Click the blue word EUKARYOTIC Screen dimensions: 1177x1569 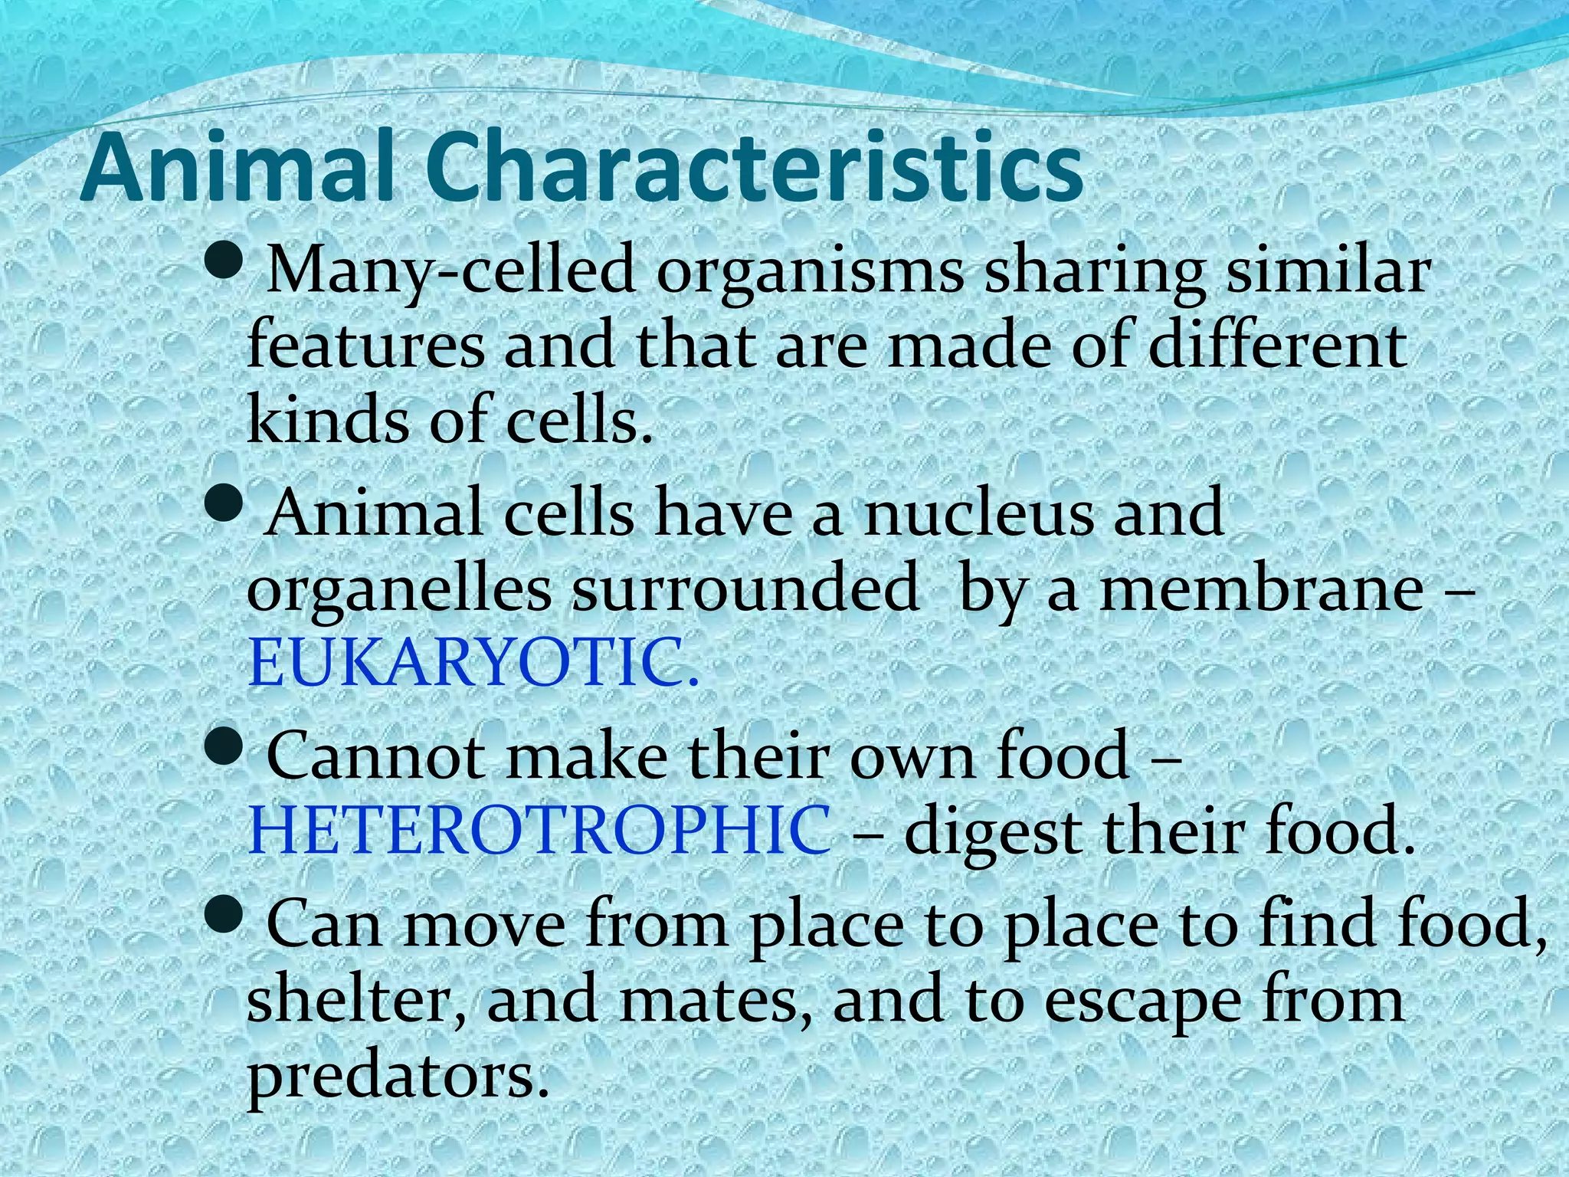point(473,664)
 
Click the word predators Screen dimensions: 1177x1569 point(398,1076)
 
